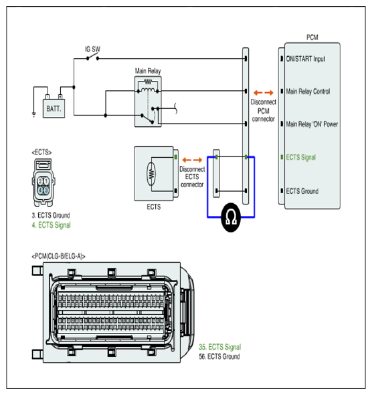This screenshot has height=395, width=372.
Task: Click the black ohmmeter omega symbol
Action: click(x=231, y=217)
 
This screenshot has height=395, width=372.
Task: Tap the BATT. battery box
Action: click(x=54, y=108)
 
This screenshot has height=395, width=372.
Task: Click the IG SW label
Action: click(x=92, y=49)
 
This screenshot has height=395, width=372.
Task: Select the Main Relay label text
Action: click(x=148, y=71)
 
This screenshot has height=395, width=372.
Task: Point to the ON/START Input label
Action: click(x=305, y=59)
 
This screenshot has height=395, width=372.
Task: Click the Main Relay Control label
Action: click(x=308, y=92)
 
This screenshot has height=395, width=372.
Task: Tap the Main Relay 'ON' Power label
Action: click(x=312, y=124)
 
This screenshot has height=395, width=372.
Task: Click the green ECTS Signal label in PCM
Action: click(x=300, y=158)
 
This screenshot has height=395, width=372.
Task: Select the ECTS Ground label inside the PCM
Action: click(x=302, y=191)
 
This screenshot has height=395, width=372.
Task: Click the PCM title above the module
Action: click(x=312, y=37)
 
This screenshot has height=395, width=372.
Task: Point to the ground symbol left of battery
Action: click(x=34, y=114)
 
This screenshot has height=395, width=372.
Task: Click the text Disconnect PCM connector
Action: click(x=264, y=110)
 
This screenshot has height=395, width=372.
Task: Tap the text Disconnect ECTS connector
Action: click(x=192, y=177)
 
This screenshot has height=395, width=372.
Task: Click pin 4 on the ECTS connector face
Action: click(x=40, y=190)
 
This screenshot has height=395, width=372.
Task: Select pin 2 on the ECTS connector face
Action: click(x=40, y=181)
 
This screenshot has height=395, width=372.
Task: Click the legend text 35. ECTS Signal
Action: click(x=220, y=347)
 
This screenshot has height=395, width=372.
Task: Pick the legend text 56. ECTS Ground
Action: click(x=219, y=356)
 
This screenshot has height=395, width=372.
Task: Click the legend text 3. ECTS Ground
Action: click(x=51, y=215)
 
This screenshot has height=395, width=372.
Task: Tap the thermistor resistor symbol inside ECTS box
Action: click(x=151, y=174)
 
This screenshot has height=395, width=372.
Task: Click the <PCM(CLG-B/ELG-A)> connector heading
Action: click(x=58, y=257)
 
